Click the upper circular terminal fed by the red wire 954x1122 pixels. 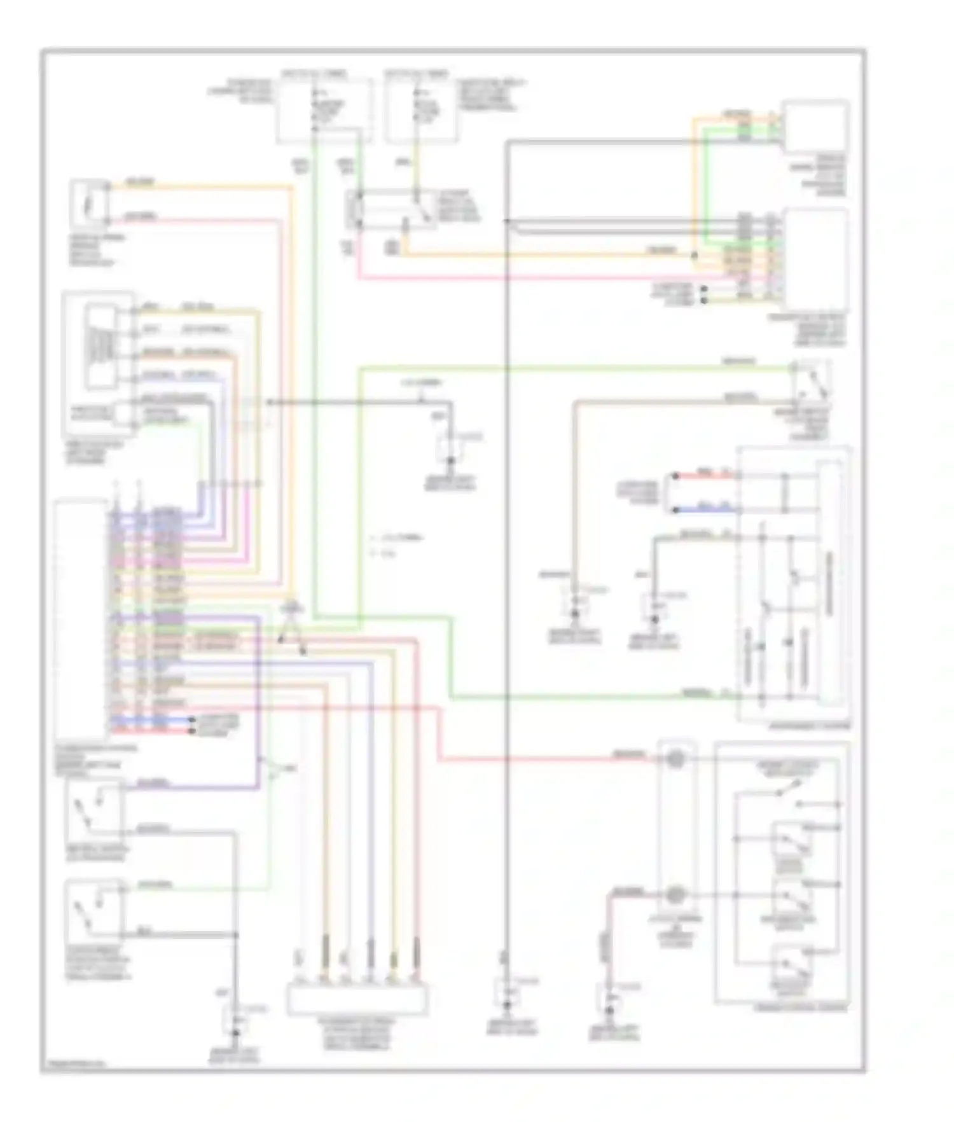[675, 759]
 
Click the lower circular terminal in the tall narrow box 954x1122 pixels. [675, 895]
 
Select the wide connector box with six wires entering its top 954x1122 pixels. [357, 999]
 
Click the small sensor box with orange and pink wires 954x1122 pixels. [89, 204]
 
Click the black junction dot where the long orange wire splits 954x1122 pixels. [695, 256]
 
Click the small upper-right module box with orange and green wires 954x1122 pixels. [815, 127]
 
